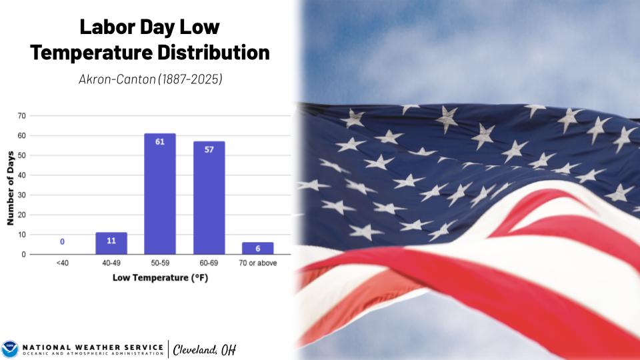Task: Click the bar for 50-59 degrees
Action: (160, 194)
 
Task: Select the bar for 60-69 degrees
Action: (209, 198)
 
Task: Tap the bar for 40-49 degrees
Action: (111, 243)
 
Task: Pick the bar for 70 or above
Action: (258, 248)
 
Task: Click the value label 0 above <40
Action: (62, 241)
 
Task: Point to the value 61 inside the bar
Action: (160, 141)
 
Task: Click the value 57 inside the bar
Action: (209, 150)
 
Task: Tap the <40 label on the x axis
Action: (63, 263)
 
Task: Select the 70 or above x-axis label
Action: (258, 263)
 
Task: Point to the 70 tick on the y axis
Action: (21, 116)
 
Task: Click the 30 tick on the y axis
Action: (21, 195)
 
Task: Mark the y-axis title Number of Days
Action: (11, 188)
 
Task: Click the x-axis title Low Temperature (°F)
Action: (161, 278)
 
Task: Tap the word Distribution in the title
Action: (213, 52)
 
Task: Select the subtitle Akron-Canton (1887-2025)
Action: (151, 79)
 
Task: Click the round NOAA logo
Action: (10, 349)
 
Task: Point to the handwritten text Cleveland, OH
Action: (205, 350)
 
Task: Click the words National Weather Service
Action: (93, 347)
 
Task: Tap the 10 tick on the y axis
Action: (21, 235)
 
